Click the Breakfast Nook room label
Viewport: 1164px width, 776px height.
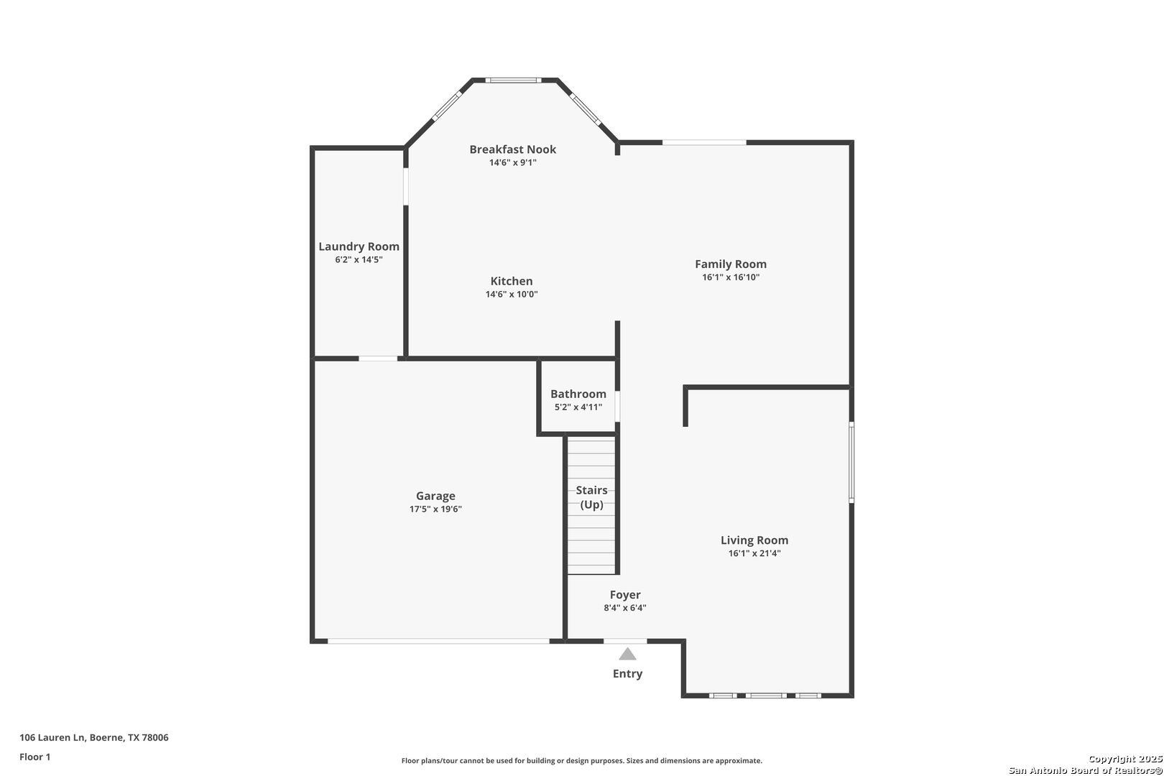pyautogui.click(x=512, y=149)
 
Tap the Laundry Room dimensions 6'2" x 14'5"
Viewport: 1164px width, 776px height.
pyautogui.click(x=359, y=259)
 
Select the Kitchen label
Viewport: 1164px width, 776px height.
pyautogui.click(x=512, y=281)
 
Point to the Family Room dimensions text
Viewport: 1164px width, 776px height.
pyautogui.click(x=731, y=277)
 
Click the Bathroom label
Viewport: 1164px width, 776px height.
pyautogui.click(x=578, y=394)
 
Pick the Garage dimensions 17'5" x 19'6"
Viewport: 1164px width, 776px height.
pyautogui.click(x=435, y=509)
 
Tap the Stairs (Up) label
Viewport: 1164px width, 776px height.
pyautogui.click(x=591, y=497)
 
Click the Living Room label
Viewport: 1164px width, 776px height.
pyautogui.click(x=754, y=540)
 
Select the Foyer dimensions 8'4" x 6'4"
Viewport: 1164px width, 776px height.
pyautogui.click(x=624, y=608)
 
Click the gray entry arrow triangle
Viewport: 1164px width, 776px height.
pyautogui.click(x=627, y=655)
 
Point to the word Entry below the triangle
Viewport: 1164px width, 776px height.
pyautogui.click(x=627, y=673)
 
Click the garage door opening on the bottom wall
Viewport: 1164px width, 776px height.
pyautogui.click(x=438, y=642)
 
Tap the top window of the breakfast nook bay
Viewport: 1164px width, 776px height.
pyautogui.click(x=513, y=80)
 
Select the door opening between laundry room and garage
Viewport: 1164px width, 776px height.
pyautogui.click(x=378, y=358)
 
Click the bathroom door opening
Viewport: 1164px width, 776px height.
pyautogui.click(x=617, y=406)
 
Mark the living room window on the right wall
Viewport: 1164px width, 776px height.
pyautogui.click(x=851, y=463)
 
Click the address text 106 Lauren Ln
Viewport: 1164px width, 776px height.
pyautogui.click(x=52, y=737)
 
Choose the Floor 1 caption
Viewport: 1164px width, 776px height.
pyautogui.click(x=34, y=757)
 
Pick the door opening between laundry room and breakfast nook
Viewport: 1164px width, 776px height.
pyautogui.click(x=406, y=186)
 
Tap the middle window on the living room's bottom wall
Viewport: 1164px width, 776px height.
pyautogui.click(x=766, y=696)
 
